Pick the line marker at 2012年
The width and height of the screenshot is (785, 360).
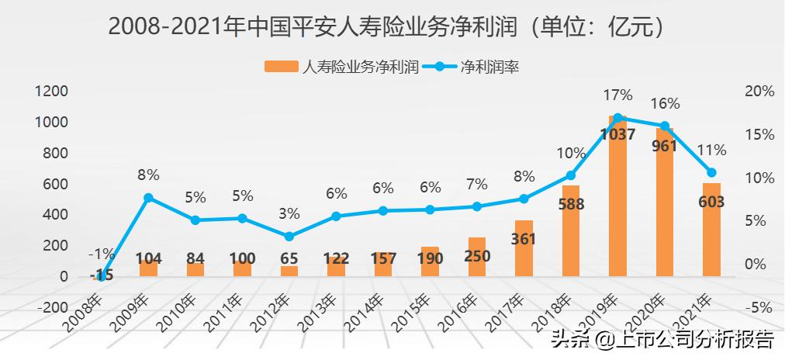click(x=289, y=236)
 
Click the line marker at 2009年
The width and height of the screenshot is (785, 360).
click(x=148, y=198)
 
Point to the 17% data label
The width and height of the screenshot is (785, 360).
click(x=617, y=95)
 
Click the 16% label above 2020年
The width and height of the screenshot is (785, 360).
click(x=665, y=103)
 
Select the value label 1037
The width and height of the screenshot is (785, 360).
click(x=618, y=134)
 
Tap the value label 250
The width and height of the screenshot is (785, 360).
click(x=477, y=258)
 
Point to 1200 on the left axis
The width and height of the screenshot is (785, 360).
click(x=52, y=91)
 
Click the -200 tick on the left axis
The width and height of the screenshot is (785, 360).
click(x=52, y=307)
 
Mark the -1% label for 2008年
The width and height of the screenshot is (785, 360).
click(x=102, y=253)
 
